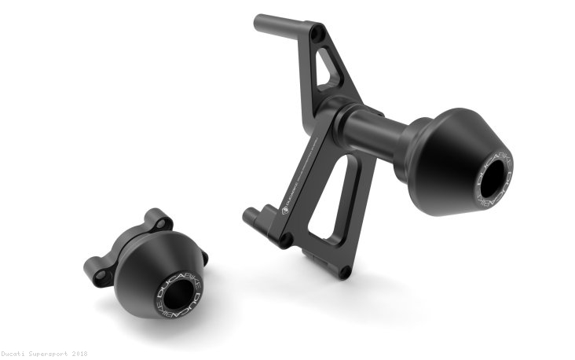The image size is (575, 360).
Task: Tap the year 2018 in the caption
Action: [x=79, y=354]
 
